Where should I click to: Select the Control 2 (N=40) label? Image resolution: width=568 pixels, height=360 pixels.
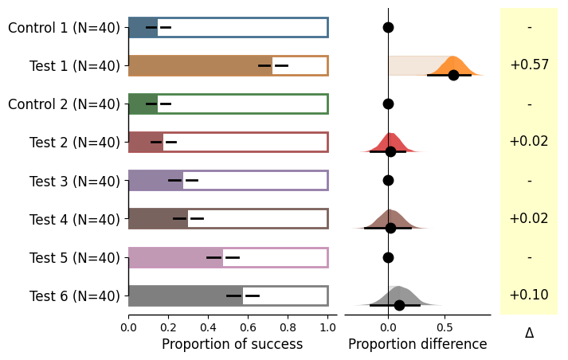point(64,104)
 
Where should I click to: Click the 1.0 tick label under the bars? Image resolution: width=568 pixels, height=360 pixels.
point(327,326)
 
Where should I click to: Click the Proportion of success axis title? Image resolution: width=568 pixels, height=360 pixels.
point(232,344)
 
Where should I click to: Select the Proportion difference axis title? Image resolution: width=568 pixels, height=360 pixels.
point(417,344)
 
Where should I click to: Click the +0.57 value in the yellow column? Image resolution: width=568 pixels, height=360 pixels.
point(529,65)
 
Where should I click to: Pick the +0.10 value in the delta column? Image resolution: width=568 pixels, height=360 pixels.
point(529,295)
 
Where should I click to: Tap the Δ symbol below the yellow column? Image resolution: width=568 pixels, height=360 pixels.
point(529,334)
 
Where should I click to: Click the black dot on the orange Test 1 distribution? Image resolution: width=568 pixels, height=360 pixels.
point(453,75)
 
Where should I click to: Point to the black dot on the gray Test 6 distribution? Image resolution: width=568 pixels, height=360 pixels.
point(399,305)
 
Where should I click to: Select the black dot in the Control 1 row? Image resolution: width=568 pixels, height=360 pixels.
point(388,27)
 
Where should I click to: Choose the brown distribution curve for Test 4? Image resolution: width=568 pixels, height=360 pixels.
point(390,218)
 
